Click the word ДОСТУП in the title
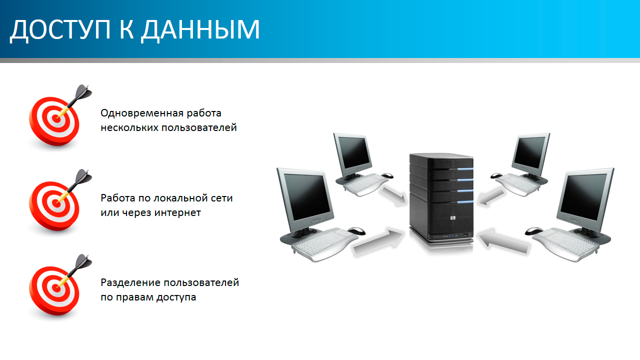click(x=60, y=30)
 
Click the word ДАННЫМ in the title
click(x=200, y=30)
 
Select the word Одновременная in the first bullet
click(x=141, y=113)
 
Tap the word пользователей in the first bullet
click(x=199, y=127)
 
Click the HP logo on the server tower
click(x=452, y=218)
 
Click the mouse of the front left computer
click(x=356, y=230)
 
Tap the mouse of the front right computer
click(x=533, y=231)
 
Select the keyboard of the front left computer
click(x=324, y=244)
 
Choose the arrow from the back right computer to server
click(x=491, y=196)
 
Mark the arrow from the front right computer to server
click(x=503, y=241)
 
